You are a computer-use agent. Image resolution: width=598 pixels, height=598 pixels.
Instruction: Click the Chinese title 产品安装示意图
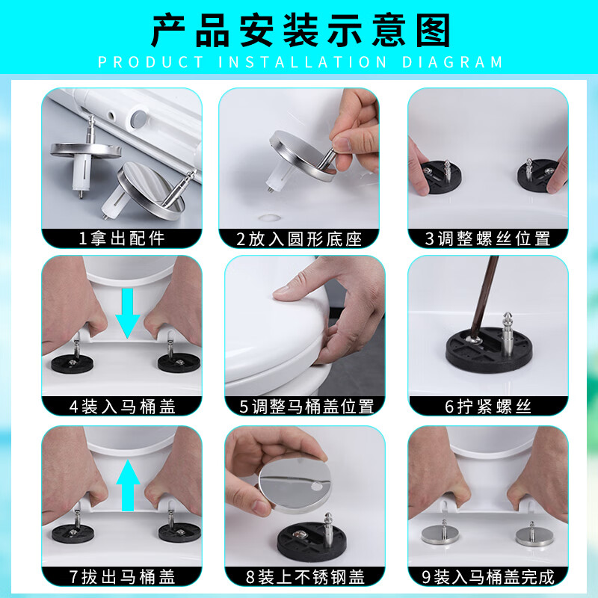pyautogui.click(x=300, y=31)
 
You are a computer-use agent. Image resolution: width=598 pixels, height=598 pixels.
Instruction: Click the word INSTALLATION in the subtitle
pyautogui.click(x=303, y=62)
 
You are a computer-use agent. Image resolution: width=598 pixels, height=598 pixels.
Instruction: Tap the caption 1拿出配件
pyautogui.click(x=122, y=238)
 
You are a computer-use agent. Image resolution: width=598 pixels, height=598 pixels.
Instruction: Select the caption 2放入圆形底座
pyautogui.click(x=299, y=239)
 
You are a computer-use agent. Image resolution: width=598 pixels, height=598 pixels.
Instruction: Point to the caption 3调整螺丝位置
pyautogui.click(x=488, y=239)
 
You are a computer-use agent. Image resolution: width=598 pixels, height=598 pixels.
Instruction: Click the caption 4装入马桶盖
pyautogui.click(x=122, y=407)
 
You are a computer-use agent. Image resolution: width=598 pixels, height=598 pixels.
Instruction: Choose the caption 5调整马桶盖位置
pyautogui.click(x=306, y=407)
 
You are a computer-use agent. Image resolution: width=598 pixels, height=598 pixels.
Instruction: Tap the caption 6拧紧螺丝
pyautogui.click(x=488, y=407)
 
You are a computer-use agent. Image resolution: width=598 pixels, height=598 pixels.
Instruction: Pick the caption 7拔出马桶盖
pyautogui.click(x=122, y=576)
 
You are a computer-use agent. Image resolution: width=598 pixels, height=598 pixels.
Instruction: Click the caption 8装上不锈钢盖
pyautogui.click(x=305, y=576)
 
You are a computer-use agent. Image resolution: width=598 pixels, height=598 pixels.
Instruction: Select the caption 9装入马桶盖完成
pyautogui.click(x=488, y=576)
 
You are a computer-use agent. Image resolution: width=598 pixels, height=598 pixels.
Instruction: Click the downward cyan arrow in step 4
pyautogui.click(x=127, y=312)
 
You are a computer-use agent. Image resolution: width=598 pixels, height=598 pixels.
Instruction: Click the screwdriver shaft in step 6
pyautogui.click(x=484, y=298)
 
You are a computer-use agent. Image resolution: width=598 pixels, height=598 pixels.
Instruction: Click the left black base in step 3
pyautogui.click(x=442, y=177)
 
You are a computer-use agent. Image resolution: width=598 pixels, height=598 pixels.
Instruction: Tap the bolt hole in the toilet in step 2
pyautogui.click(x=270, y=218)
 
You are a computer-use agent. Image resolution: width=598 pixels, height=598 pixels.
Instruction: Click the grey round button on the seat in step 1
pyautogui.click(x=139, y=120)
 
